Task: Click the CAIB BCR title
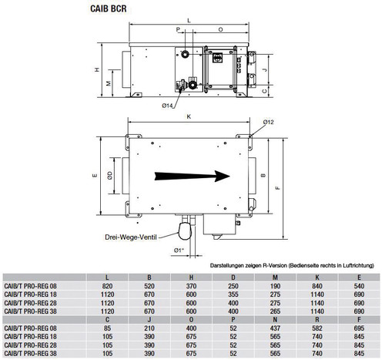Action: tap(109, 8)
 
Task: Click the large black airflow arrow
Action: tap(192, 176)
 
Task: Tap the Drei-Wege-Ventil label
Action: tap(131, 237)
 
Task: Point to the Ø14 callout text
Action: tap(167, 106)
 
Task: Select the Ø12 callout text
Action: tap(268, 122)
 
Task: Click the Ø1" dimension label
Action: tap(179, 250)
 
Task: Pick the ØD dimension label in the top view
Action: tap(110, 176)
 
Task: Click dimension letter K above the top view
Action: tap(189, 116)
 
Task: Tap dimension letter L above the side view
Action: tap(189, 21)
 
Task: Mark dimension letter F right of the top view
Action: tap(278, 188)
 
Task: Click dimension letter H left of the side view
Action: tap(97, 69)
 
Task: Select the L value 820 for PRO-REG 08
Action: tap(107, 286)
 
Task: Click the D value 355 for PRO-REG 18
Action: tap(233, 294)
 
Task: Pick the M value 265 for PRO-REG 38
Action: tap(275, 311)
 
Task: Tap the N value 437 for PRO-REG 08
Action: tap(275, 328)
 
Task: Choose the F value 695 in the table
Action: tap(359, 328)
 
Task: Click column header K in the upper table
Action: tap(317, 278)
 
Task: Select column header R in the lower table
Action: tap(317, 320)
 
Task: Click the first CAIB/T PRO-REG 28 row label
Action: tap(30, 303)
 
